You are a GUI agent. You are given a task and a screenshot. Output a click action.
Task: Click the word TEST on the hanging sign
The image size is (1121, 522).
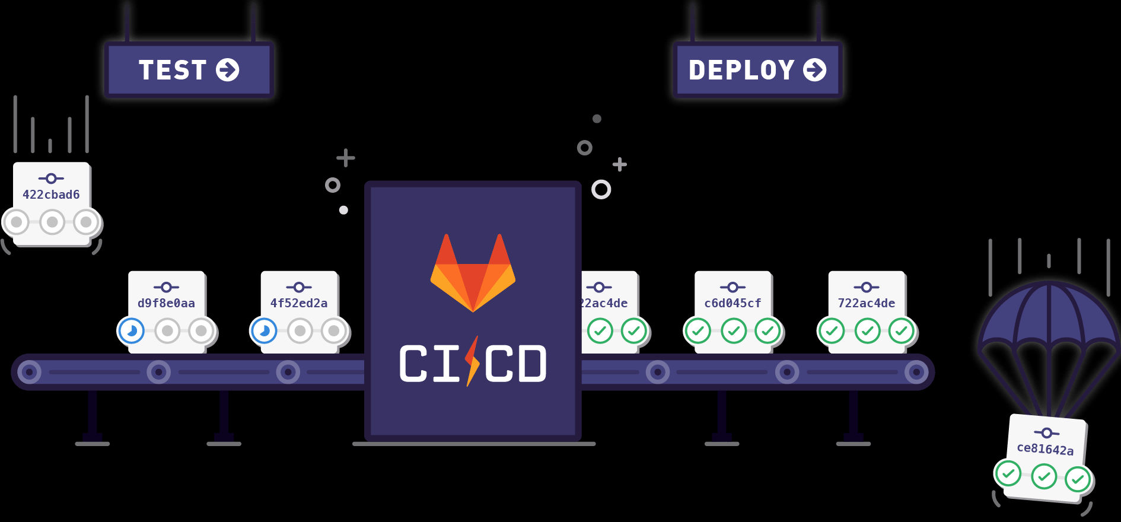172,70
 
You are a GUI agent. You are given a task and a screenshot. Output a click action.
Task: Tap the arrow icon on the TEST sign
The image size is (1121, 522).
228,70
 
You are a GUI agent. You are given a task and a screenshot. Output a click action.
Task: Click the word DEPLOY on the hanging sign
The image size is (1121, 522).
741,70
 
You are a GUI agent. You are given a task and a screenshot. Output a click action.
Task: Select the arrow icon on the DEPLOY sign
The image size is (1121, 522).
815,70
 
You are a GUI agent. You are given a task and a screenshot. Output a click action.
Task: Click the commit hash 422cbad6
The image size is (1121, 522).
51,195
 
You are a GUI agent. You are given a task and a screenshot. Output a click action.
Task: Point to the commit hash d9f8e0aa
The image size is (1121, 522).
166,303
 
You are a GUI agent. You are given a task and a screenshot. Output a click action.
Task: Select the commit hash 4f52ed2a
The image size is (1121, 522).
299,303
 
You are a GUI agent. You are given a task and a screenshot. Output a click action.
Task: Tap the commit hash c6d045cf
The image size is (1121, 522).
733,303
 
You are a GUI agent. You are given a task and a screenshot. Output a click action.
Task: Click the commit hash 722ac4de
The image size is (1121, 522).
867,303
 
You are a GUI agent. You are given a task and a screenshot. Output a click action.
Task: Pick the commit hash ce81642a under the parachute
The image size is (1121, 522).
1045,449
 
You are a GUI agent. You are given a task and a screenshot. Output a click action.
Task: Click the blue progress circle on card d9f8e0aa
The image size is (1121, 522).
132,330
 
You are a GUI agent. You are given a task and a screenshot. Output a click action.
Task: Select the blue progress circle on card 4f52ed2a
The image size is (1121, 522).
265,330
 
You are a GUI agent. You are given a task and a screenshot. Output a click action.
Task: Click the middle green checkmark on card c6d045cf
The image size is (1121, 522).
734,330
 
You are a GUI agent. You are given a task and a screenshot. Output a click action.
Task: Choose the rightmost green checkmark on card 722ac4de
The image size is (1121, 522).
902,330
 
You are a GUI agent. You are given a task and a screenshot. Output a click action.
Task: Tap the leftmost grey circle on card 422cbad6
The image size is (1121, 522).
17,222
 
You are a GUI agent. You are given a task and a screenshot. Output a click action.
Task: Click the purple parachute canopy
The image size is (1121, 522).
1049,314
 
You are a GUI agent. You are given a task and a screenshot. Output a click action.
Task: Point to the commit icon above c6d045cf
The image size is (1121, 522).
733,287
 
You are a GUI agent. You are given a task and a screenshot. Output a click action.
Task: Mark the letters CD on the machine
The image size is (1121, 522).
515,364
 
